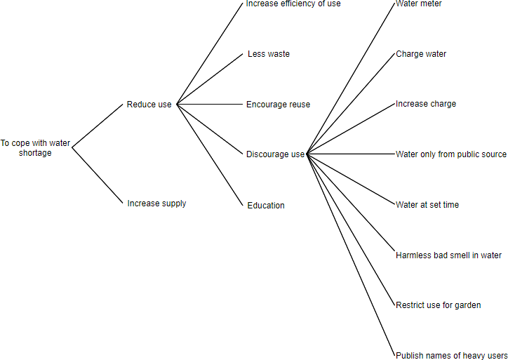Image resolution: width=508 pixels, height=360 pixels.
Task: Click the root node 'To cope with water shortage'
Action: click(x=35, y=147)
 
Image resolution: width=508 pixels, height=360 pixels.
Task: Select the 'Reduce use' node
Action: click(x=149, y=105)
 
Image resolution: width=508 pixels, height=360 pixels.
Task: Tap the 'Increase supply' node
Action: click(x=156, y=204)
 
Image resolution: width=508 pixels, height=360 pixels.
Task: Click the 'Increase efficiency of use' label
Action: click(x=293, y=4)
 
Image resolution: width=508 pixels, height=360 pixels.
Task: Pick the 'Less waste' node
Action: click(x=268, y=54)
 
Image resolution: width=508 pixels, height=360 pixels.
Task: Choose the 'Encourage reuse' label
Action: click(x=278, y=105)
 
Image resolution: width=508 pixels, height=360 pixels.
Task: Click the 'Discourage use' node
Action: click(x=275, y=154)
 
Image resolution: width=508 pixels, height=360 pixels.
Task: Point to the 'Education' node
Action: click(x=266, y=206)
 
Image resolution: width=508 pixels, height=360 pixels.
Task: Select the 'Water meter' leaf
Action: click(x=419, y=4)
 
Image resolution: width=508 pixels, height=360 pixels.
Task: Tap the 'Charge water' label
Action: click(x=421, y=54)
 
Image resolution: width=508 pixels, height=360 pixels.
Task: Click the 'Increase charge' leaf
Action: click(x=426, y=104)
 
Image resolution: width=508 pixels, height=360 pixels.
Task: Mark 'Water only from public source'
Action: click(x=450, y=154)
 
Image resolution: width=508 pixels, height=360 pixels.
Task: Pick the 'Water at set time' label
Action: click(x=427, y=205)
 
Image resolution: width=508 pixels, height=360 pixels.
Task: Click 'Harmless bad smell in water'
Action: click(x=448, y=255)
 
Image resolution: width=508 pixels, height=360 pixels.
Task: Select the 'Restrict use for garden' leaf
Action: click(x=438, y=305)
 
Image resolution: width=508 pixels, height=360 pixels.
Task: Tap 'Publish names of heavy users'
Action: click(x=451, y=356)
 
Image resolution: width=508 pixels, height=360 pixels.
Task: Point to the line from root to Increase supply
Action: click(x=98, y=175)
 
